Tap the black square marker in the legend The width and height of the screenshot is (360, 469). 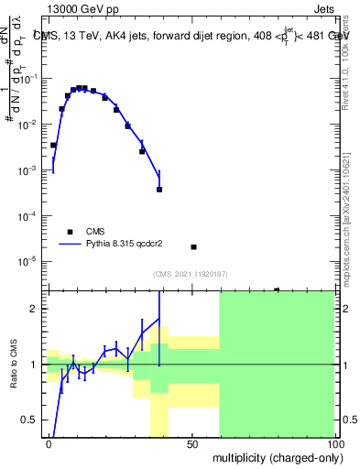coord(70,232)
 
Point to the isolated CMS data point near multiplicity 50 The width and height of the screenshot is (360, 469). coord(193,246)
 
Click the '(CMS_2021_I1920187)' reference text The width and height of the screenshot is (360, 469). coord(190,274)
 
